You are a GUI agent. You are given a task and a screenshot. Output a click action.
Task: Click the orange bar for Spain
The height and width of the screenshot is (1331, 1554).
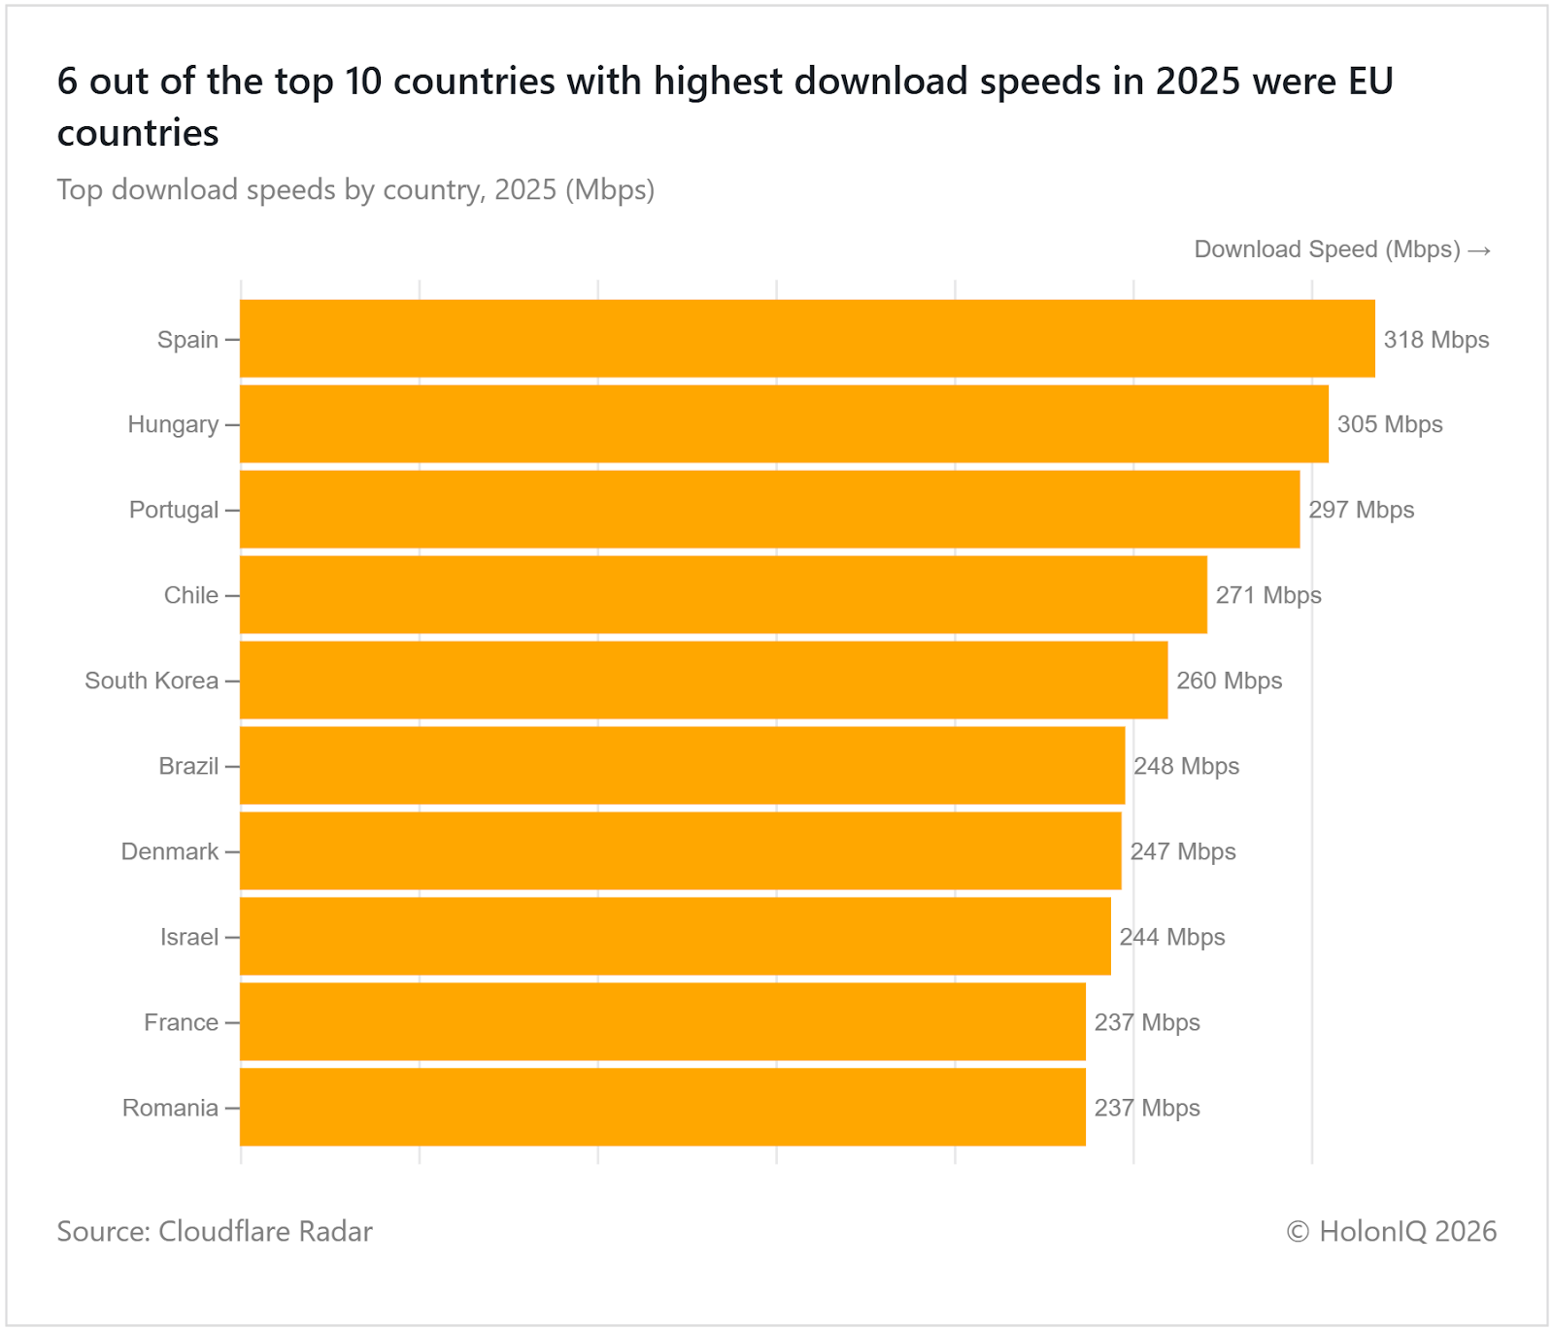[x=806, y=339]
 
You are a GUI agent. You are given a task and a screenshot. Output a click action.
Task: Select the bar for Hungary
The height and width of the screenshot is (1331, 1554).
[x=783, y=424]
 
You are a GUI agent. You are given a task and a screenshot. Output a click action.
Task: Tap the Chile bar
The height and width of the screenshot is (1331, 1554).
[x=723, y=595]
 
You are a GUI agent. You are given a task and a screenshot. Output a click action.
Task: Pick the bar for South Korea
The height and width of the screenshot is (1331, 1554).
[x=703, y=681]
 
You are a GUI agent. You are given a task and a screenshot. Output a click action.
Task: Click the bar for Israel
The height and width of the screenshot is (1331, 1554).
[x=675, y=937]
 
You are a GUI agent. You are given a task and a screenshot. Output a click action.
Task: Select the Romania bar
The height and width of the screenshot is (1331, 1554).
[x=662, y=1108]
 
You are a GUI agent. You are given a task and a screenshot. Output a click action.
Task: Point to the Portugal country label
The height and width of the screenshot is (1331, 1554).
[x=174, y=510]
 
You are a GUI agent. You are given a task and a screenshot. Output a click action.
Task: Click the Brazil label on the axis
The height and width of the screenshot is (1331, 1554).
[x=188, y=766]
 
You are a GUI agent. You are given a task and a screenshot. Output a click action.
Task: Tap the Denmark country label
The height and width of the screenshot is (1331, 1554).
[x=170, y=851]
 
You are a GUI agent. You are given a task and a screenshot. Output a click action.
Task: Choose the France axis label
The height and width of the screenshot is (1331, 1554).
[x=181, y=1022]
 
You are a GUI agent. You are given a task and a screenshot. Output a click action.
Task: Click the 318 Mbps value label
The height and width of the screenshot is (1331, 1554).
[x=1436, y=340]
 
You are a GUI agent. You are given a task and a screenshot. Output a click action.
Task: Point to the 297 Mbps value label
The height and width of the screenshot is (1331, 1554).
[x=1361, y=510]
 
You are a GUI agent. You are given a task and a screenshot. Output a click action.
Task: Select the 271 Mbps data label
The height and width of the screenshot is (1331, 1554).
[x=1268, y=595]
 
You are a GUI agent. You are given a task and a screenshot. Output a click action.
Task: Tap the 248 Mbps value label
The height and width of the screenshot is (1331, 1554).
[x=1186, y=766]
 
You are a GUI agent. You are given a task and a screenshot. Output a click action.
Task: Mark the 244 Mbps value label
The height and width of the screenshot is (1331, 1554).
[x=1172, y=937]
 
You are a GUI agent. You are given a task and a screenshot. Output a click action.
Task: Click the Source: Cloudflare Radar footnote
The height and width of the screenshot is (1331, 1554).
[x=215, y=1231]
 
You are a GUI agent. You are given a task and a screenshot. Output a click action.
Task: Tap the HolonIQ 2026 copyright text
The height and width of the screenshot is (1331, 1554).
[x=1391, y=1231]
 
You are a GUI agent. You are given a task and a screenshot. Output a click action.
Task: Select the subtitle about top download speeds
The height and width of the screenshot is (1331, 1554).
[x=355, y=189]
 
